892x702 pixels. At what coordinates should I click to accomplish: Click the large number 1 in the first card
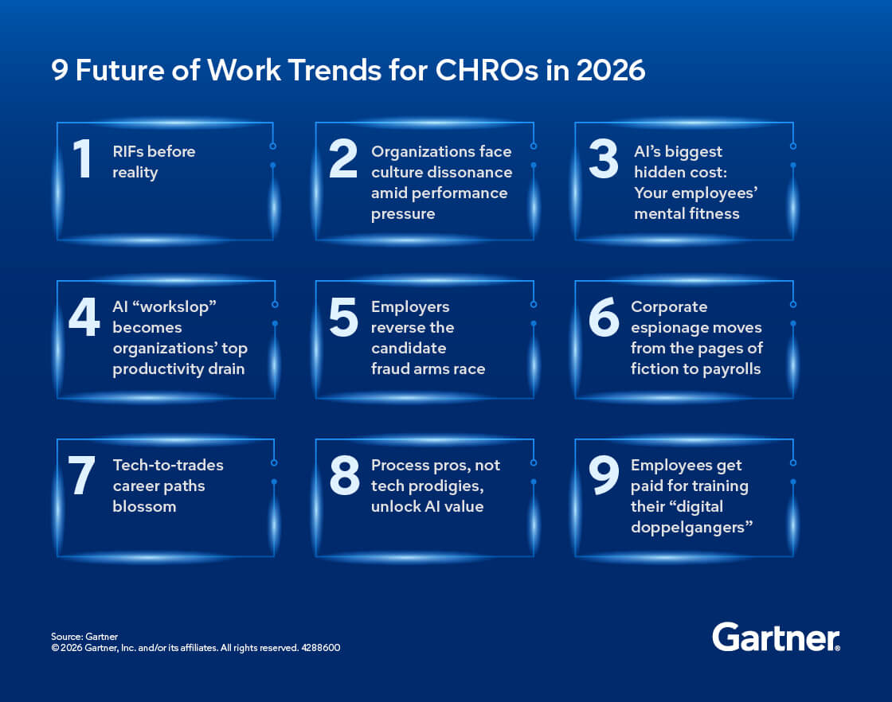[83, 158]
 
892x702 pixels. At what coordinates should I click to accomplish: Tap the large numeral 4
[84, 317]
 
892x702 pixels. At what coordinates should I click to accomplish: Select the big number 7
[81, 474]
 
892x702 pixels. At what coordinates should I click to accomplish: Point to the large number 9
[604, 474]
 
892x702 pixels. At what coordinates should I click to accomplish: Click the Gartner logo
[776, 638]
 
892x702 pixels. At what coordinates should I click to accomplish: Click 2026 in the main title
[610, 71]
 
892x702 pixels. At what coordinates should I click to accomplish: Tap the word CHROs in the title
[487, 71]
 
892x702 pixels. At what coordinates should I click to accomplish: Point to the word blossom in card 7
[144, 506]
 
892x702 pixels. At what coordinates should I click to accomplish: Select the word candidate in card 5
[409, 348]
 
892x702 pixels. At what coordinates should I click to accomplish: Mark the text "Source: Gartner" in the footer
[84, 637]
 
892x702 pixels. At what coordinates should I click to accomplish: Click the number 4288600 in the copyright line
[321, 648]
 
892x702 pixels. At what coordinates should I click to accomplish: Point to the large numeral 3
[604, 158]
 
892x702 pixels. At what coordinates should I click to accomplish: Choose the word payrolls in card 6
[732, 369]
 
